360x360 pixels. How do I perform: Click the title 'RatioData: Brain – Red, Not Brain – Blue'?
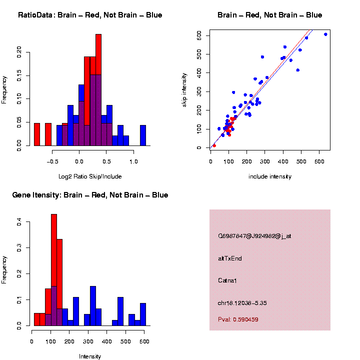(x=90, y=15)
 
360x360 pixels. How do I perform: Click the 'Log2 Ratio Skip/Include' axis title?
(x=90, y=176)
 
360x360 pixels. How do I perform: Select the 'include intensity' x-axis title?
(x=270, y=176)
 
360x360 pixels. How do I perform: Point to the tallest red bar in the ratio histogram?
(x=98, y=90)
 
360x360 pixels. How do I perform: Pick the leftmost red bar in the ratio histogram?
(x=37, y=134)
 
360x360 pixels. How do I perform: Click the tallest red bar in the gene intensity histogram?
(x=54, y=270)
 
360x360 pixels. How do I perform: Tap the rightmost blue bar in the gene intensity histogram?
(x=143, y=314)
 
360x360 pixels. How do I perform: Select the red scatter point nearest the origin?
(x=214, y=145)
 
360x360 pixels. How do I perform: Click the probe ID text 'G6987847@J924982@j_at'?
(x=254, y=236)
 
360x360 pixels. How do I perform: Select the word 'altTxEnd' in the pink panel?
(x=230, y=258)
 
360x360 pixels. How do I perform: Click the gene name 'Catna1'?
(x=228, y=280)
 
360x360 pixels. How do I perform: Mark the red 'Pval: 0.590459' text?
(x=238, y=319)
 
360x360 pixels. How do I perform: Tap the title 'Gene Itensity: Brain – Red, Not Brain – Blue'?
(x=90, y=195)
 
